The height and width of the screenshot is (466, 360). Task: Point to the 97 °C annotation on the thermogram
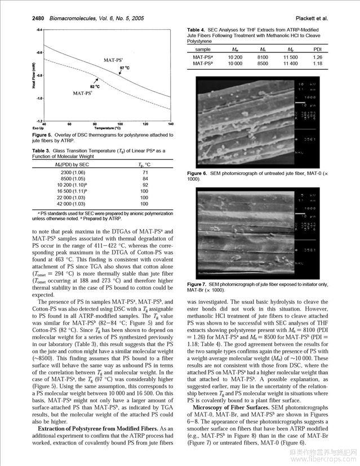tap(125, 68)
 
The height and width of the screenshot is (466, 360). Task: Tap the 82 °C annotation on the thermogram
tap(95, 87)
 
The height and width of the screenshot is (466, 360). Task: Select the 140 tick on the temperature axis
tap(171, 124)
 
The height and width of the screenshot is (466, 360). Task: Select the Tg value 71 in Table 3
tap(145, 172)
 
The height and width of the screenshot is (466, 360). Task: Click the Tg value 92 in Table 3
tap(145, 185)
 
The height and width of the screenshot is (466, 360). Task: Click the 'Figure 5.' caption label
tap(42, 135)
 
